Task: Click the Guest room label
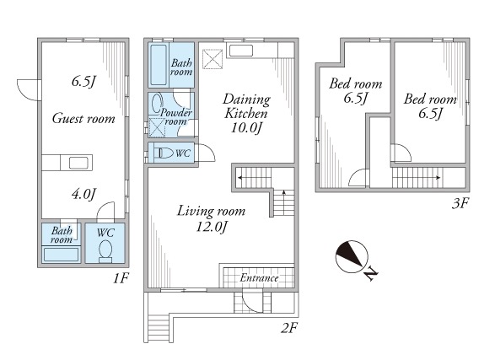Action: click(x=83, y=119)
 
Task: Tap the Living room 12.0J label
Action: click(x=211, y=218)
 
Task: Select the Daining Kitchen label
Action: click(x=246, y=106)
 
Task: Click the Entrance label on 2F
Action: click(x=259, y=278)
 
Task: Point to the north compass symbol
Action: click(x=352, y=257)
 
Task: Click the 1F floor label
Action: click(x=121, y=278)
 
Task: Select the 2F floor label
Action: click(x=289, y=329)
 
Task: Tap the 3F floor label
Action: click(x=460, y=203)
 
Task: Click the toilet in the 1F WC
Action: click(x=105, y=251)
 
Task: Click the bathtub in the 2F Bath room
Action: click(x=159, y=65)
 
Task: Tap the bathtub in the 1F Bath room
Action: click(x=61, y=255)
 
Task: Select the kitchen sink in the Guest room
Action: click(x=78, y=163)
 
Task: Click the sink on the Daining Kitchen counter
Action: click(x=241, y=51)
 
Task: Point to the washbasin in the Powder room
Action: click(x=157, y=103)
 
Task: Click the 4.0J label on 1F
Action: click(x=83, y=194)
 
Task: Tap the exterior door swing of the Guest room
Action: click(x=29, y=90)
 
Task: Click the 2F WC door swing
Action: click(x=207, y=153)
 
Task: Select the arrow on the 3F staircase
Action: click(x=417, y=178)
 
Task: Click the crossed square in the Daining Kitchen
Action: click(x=213, y=59)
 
